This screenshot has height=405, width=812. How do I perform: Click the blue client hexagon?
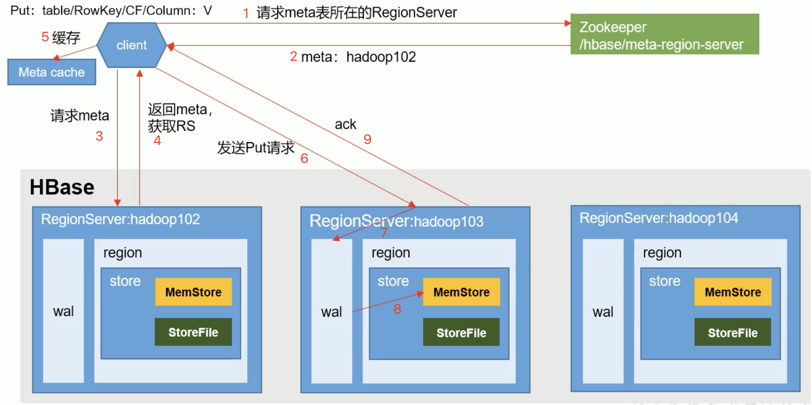point(132,45)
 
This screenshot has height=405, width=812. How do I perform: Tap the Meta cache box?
point(52,72)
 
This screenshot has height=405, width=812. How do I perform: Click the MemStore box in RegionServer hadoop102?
point(193,292)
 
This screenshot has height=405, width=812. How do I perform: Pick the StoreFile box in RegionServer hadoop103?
point(461,332)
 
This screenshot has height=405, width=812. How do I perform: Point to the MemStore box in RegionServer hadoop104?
point(733,292)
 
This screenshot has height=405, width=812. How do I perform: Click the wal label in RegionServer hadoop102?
point(63,311)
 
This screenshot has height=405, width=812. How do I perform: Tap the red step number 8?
point(397,309)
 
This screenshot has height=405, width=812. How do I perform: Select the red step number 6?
point(304,158)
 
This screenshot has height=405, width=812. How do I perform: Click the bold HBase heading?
point(62,187)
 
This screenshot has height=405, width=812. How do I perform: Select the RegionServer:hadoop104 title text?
point(658,218)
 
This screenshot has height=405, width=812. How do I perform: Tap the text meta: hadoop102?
point(358,57)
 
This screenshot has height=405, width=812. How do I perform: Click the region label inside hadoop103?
point(391,253)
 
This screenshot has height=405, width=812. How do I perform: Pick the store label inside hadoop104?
point(665,281)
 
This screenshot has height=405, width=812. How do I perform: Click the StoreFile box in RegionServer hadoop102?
point(193,332)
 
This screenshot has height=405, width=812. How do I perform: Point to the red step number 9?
point(367,139)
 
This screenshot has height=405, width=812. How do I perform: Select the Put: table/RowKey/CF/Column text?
point(111,11)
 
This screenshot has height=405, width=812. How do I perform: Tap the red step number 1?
point(246,13)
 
